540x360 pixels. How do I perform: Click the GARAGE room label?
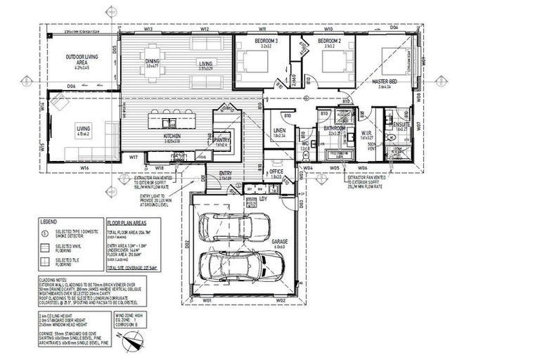pyautogui.click(x=279, y=241)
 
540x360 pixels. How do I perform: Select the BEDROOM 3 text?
pyautogui.click(x=247, y=41)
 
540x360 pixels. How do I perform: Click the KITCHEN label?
pyautogui.click(x=173, y=135)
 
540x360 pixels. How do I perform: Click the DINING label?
pyautogui.click(x=152, y=61)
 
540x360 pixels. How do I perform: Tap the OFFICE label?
pyautogui.click(x=276, y=171)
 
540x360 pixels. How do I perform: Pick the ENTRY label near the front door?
pyautogui.click(x=226, y=174)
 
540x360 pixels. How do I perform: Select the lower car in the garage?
pyautogui.click(x=239, y=266)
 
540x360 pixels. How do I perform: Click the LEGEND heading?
pyautogui.click(x=48, y=220)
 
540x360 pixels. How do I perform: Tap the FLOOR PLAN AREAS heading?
pyautogui.click(x=127, y=220)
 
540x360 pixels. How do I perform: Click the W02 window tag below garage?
pyautogui.click(x=279, y=301)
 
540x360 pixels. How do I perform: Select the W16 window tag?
pyautogui.click(x=84, y=167)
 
